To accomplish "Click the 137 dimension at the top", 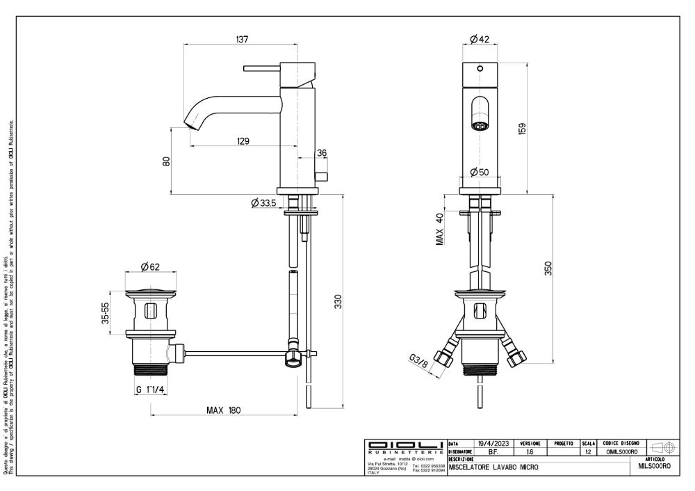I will pyautogui.click(x=242, y=40).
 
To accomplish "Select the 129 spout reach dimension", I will pyautogui.click(x=243, y=141).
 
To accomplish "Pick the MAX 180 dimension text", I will pyautogui.click(x=223, y=410).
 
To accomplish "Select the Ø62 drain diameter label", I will pyautogui.click(x=151, y=266).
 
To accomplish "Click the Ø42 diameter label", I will pyautogui.click(x=480, y=40).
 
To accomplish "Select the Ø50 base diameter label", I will pyautogui.click(x=480, y=172).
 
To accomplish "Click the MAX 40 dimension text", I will pyautogui.click(x=441, y=230).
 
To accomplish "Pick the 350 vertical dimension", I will pyautogui.click(x=548, y=269).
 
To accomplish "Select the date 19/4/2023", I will pyautogui.click(x=493, y=443).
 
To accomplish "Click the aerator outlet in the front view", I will pyautogui.click(x=479, y=127).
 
